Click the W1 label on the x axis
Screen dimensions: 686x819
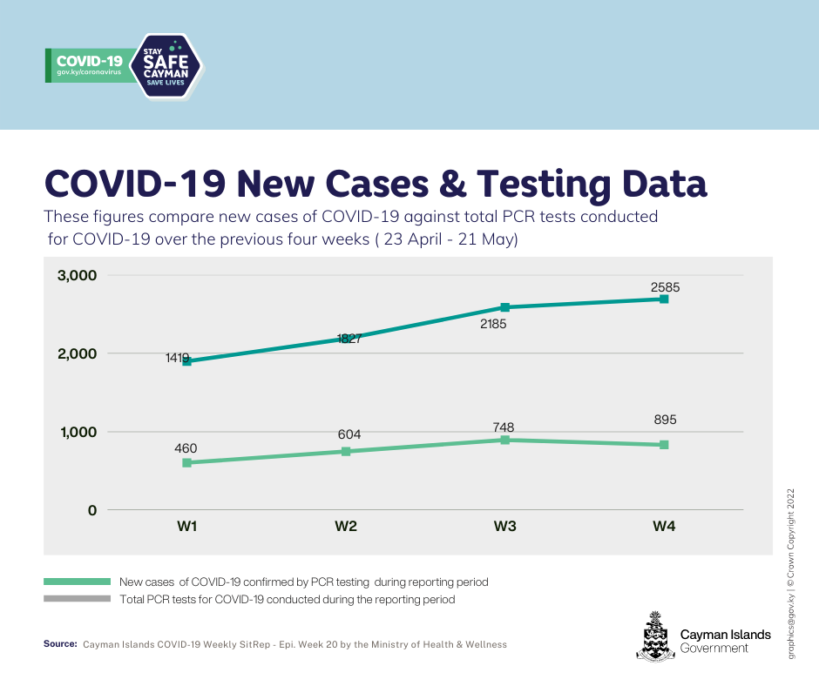tap(186, 526)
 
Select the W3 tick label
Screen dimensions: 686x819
tap(504, 526)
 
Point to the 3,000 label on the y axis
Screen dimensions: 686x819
tap(78, 276)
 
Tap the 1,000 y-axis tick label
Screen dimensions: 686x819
tap(78, 432)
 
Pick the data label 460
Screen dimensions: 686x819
tap(186, 449)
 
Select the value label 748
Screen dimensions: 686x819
tap(504, 427)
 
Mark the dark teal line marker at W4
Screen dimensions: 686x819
tap(664, 299)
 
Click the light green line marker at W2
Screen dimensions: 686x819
tap(346, 451)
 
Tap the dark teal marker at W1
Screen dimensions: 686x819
tap(186, 361)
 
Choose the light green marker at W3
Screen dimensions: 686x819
tap(504, 440)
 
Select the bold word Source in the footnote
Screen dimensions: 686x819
tap(60, 644)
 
